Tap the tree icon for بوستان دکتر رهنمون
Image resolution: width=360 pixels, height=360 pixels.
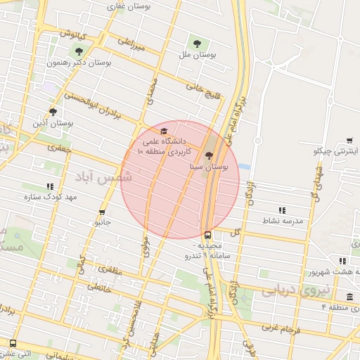point(79,51)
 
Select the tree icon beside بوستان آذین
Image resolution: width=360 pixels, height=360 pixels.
point(53,112)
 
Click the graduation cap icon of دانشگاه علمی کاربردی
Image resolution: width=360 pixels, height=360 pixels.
point(163,131)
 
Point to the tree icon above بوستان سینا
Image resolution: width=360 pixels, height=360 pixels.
point(209,156)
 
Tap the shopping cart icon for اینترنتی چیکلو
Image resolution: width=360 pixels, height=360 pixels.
point(349,141)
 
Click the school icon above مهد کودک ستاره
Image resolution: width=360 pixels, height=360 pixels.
point(49,186)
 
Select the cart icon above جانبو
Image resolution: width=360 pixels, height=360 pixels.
point(103,211)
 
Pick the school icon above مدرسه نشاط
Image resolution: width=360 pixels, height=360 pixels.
point(282,210)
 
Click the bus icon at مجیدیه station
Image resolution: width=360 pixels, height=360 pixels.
point(207,236)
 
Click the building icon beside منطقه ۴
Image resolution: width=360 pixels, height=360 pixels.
point(350,297)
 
